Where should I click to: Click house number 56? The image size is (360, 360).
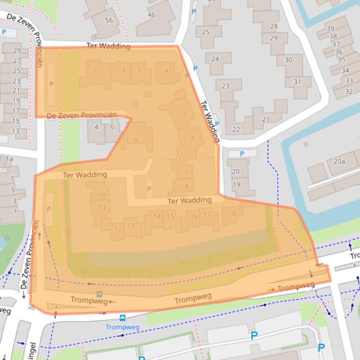[x=109, y=20]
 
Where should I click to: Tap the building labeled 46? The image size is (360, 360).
[x=151, y=15]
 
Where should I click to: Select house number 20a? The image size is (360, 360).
[x=339, y=161]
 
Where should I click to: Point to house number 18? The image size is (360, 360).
[x=232, y=213]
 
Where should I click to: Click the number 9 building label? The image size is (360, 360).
[x=135, y=140]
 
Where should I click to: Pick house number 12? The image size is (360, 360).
[x=118, y=229]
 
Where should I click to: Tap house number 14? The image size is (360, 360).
[x=157, y=216]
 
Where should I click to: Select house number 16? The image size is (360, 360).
[x=194, y=216]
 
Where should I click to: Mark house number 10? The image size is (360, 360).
[x=102, y=195]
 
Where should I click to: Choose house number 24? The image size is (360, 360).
[x=215, y=59]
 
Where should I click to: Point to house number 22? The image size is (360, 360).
[x=236, y=130]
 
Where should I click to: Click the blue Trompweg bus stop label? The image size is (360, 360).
[x=122, y=327]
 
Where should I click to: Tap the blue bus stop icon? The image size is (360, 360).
[x=122, y=318]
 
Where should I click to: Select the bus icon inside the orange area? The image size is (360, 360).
[x=99, y=294]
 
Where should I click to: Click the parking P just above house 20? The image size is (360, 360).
[x=242, y=154]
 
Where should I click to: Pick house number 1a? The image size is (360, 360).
[x=9, y=159]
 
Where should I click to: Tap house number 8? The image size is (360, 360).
[x=187, y=187]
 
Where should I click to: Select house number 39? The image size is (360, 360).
[x=330, y=29]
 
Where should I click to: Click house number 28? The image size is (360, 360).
[x=274, y=27]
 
